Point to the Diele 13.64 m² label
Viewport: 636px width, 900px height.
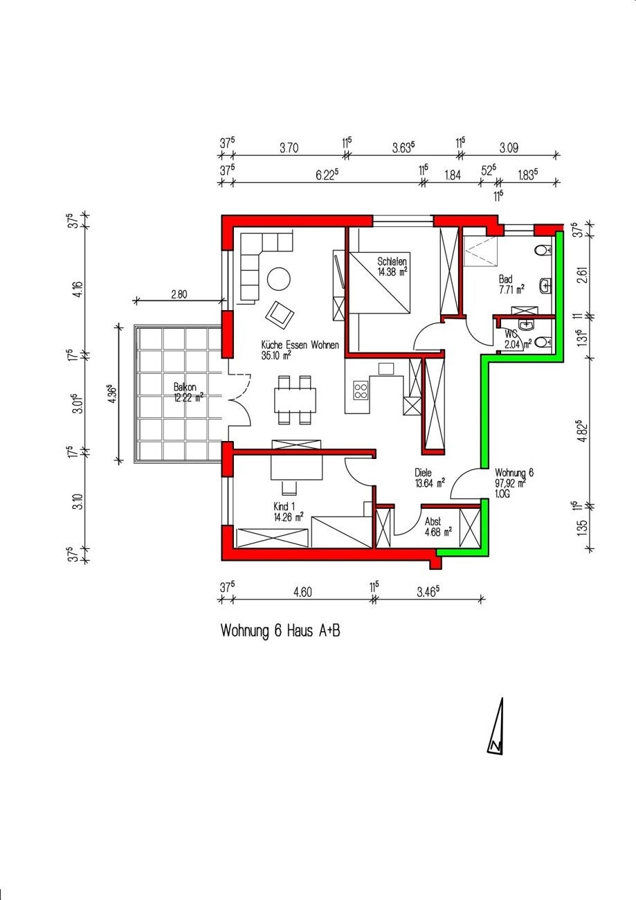429,478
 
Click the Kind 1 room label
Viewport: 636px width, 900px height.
288,512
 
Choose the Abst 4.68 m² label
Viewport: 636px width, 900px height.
438,527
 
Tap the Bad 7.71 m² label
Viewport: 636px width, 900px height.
511,284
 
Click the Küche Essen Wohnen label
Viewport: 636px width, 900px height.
300,350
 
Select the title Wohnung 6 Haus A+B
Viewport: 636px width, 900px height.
280,631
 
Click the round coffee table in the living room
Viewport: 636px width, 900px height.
279,278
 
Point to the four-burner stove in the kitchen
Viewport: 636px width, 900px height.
361,390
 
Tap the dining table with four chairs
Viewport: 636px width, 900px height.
295,399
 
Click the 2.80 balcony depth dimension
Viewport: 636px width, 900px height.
179,294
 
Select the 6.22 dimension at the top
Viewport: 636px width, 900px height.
327,174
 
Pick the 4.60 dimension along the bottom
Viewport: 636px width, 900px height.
302,592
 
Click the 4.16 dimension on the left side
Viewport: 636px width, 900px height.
78,289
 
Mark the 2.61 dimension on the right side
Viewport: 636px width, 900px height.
583,275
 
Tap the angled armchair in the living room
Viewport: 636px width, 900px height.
280,314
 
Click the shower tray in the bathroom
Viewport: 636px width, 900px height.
480,251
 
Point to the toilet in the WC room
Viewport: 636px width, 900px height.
544,342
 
